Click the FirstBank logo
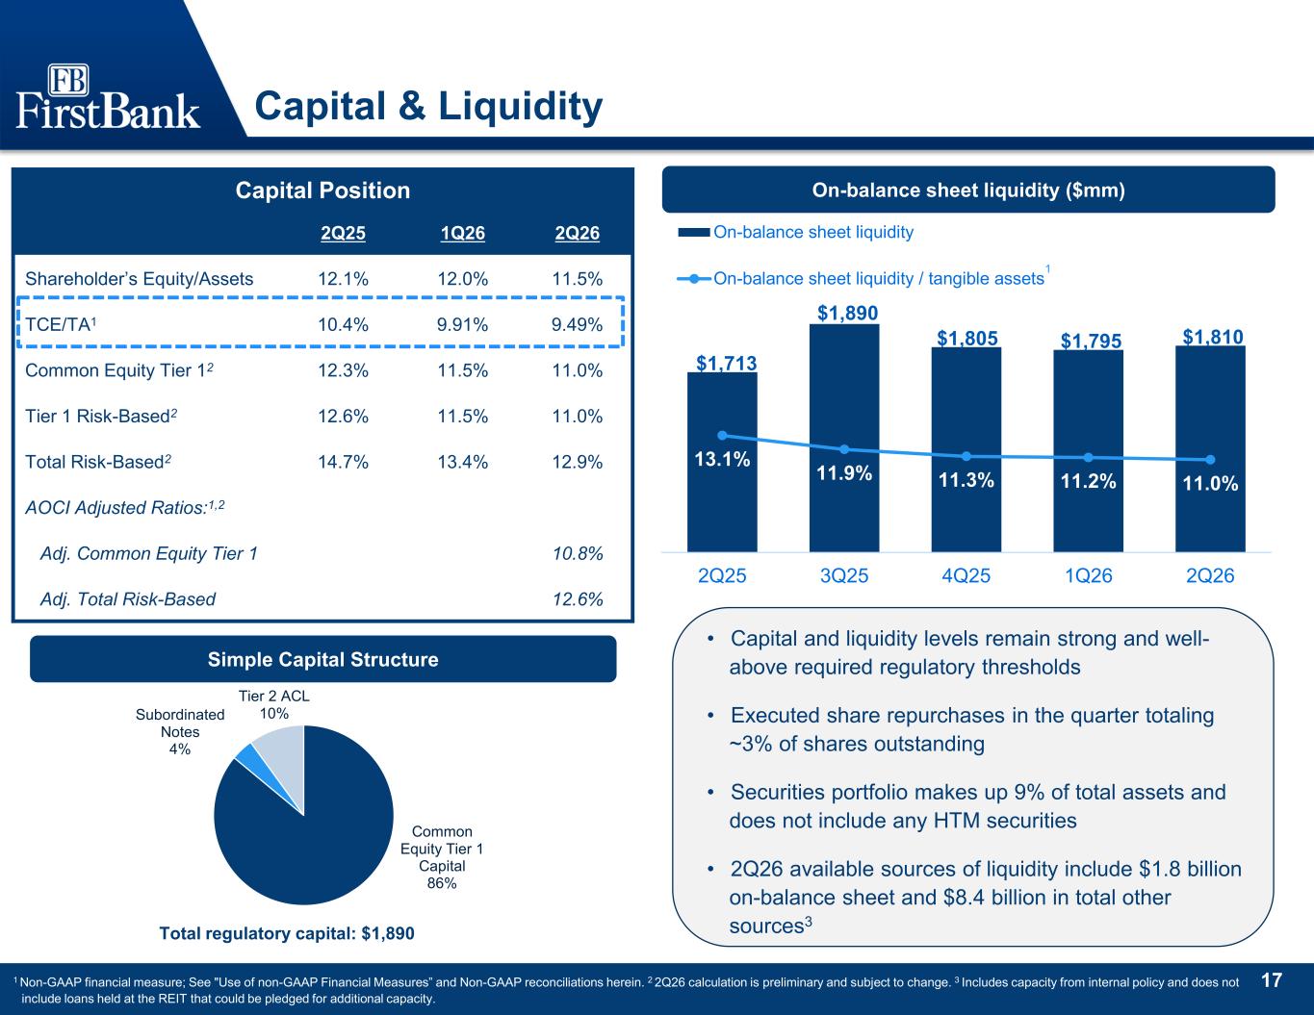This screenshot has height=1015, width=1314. point(108,96)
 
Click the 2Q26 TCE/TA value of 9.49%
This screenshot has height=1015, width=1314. point(577,324)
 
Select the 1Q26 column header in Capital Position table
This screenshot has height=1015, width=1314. point(463,233)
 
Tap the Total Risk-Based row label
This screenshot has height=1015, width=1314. point(98,462)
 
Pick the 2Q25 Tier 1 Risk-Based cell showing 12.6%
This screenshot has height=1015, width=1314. point(343,416)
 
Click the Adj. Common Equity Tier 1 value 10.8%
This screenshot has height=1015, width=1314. point(578,553)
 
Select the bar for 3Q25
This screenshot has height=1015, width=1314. point(844,438)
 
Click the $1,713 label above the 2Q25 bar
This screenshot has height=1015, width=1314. point(726,363)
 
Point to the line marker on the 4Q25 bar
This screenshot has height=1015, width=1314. point(966,456)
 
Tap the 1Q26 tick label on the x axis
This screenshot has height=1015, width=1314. point(1088,575)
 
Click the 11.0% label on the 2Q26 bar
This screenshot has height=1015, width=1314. point(1210,483)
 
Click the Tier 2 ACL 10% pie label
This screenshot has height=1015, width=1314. point(274,704)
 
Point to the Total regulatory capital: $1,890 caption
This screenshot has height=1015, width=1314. point(287,933)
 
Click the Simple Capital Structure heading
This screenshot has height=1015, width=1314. point(322,659)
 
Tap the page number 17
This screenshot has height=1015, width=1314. point(1272,980)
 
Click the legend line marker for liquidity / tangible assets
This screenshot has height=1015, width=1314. point(694,278)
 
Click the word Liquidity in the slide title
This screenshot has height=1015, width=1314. point(520,107)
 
